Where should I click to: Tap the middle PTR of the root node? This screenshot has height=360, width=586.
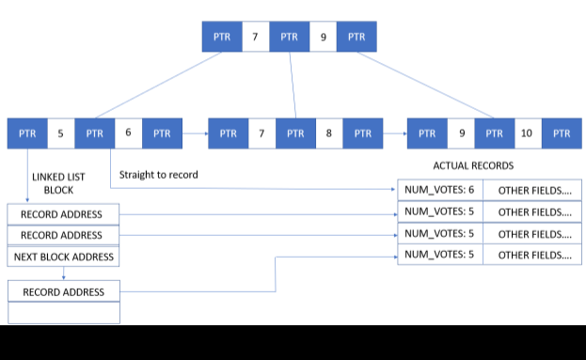289,37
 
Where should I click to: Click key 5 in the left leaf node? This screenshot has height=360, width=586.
60,133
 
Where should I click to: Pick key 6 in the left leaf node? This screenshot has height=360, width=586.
128,133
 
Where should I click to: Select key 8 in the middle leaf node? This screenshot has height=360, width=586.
328,133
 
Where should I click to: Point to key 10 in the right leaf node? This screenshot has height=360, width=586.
527,133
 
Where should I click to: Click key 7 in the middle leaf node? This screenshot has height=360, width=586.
261,133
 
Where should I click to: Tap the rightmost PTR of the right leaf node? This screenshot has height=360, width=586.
562,133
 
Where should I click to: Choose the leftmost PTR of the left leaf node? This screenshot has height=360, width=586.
25,133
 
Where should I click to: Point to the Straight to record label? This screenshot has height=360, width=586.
159,174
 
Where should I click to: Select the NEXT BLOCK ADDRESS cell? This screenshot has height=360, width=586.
64,257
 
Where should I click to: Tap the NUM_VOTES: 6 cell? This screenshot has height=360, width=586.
439,190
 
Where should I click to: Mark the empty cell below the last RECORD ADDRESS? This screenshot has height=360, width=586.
64,313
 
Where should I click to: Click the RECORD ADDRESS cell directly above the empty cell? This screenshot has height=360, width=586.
64,291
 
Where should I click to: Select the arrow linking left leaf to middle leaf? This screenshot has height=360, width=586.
192,133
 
